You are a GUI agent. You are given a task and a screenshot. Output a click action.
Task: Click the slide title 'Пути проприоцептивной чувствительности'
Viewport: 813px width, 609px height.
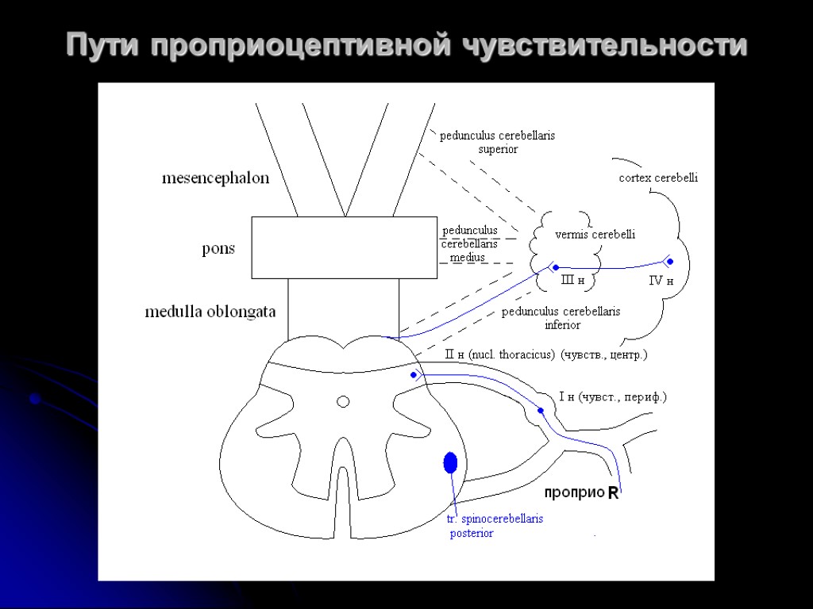click(406, 45)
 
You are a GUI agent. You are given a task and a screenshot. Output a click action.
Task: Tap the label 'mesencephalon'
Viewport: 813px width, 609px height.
click(215, 178)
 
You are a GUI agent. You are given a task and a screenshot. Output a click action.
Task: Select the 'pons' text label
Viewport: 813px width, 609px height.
click(218, 249)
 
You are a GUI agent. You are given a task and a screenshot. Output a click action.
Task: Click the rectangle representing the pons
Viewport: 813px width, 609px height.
click(344, 247)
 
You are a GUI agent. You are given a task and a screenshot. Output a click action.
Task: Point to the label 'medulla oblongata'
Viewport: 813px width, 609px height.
click(210, 312)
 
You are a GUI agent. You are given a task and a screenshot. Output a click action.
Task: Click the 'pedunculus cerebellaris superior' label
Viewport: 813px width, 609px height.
click(498, 142)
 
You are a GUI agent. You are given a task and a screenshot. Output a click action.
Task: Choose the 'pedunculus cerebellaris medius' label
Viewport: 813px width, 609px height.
click(469, 243)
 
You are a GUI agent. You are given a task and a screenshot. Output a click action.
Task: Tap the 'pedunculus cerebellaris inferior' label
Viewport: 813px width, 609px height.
click(561, 318)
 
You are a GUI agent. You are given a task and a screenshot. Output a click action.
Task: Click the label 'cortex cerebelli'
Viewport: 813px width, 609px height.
click(658, 178)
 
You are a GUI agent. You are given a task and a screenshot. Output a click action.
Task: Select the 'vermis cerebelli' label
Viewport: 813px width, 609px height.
click(595, 235)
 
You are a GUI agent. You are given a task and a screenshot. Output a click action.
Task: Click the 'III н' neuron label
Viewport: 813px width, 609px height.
click(572, 280)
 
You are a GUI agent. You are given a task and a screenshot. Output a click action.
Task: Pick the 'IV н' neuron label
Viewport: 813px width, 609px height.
click(661, 281)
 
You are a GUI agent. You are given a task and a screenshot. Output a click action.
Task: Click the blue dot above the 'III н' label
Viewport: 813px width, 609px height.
click(556, 267)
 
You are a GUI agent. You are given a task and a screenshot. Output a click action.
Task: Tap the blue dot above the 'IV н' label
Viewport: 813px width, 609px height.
click(669, 261)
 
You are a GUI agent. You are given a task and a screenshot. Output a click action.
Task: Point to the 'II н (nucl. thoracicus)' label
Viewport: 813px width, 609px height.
click(500, 355)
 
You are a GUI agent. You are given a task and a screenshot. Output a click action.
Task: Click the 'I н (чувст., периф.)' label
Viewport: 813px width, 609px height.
click(612, 396)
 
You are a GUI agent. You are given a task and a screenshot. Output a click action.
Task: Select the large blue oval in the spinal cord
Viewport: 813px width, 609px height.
click(450, 462)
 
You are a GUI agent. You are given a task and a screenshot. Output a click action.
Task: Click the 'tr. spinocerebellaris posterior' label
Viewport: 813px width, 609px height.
click(495, 526)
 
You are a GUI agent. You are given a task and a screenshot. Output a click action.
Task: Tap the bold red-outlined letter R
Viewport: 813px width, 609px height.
click(612, 493)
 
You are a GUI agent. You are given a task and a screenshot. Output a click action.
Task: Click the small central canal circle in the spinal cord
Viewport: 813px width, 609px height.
click(343, 401)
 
